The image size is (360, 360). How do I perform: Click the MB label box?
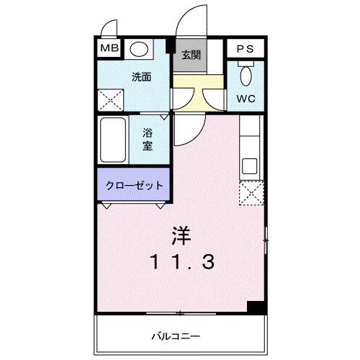[x=109, y=49]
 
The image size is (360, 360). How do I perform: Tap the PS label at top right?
[x=246, y=49]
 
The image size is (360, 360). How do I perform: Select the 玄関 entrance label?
[x=191, y=55]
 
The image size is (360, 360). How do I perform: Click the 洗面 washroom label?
[x=141, y=76]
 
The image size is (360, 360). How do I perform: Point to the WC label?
[x=246, y=98]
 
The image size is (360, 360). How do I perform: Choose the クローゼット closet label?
[x=135, y=184]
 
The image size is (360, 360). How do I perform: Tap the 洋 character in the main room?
[x=181, y=235]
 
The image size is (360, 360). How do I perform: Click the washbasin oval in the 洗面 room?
[x=141, y=49]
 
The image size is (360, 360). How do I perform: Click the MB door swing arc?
[x=109, y=30]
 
